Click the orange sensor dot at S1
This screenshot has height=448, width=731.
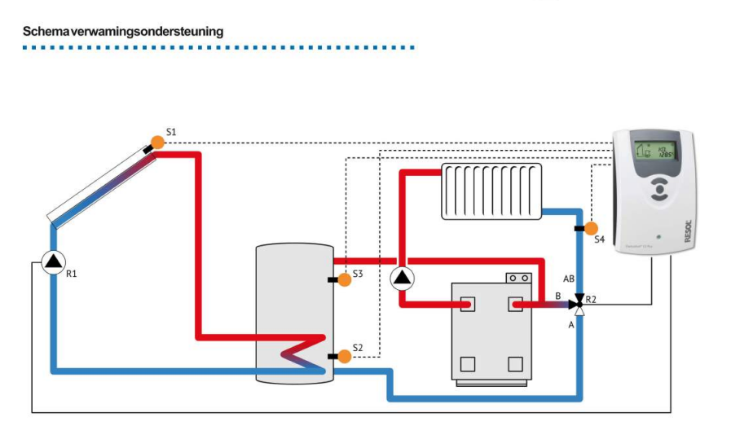point(157,142)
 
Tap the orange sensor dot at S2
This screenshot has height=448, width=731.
point(345,356)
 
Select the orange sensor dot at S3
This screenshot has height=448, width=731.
point(345,280)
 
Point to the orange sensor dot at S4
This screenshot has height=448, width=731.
point(592,228)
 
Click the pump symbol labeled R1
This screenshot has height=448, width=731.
point(53,261)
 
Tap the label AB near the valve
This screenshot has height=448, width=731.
point(569,279)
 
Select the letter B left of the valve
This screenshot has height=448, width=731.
point(558,297)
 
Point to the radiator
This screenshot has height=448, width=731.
point(491,191)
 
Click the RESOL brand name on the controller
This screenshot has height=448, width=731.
point(686,231)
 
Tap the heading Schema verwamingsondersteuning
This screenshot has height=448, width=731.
point(123,32)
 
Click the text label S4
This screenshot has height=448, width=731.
point(599,239)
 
